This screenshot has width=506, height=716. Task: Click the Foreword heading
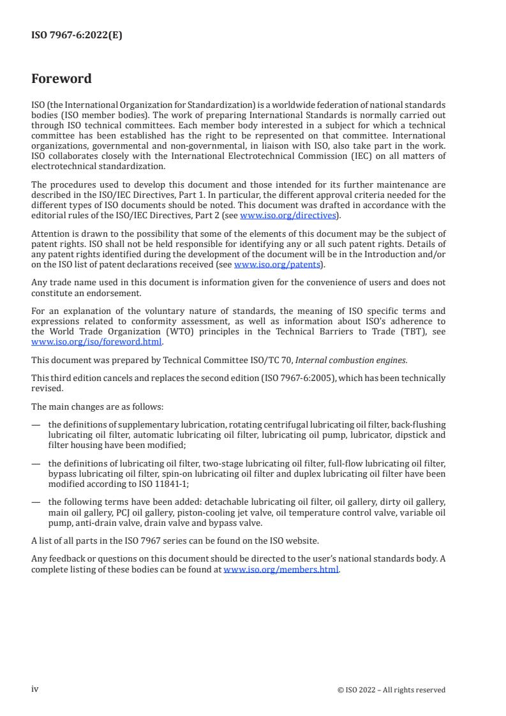(61, 79)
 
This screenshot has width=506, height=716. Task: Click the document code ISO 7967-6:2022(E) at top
(77, 36)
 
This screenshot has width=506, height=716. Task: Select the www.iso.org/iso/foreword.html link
(97, 341)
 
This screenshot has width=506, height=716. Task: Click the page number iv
(35, 689)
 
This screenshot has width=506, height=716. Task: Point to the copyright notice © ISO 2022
(391, 690)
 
